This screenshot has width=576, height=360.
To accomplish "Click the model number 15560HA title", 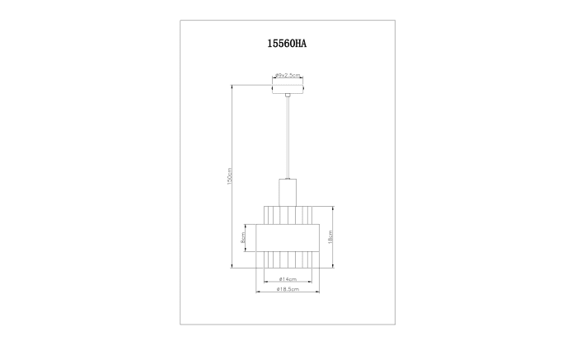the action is pyautogui.click(x=287, y=44).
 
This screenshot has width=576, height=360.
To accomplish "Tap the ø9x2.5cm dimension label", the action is pyautogui.click(x=288, y=75).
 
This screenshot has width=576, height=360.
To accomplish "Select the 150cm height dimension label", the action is pyautogui.click(x=230, y=176).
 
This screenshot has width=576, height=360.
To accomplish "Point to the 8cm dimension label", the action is pyautogui.click(x=242, y=238).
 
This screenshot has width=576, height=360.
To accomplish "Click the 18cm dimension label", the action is pyautogui.click(x=330, y=237).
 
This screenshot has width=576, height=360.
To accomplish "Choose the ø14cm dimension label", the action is pyautogui.click(x=288, y=279).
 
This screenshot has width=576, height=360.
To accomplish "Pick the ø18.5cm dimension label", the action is pyautogui.click(x=288, y=289).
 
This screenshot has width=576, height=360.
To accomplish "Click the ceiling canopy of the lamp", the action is pyautogui.click(x=288, y=90).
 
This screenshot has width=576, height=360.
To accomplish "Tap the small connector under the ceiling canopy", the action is pyautogui.click(x=288, y=95).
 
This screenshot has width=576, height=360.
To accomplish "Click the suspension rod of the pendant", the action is pyautogui.click(x=288, y=138).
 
